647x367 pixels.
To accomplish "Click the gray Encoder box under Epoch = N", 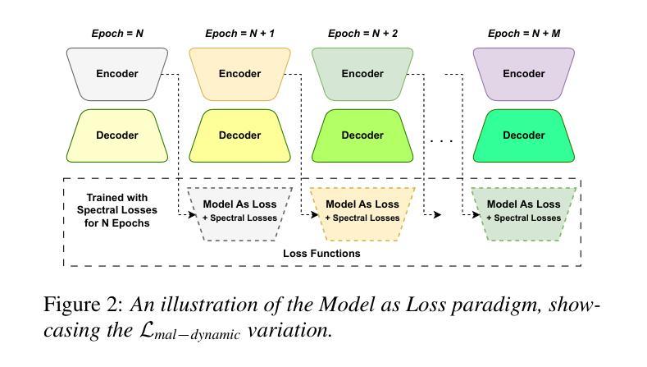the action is (117, 74).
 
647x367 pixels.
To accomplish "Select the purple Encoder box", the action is (524, 74).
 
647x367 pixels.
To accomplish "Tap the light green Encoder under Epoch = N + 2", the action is (362, 74).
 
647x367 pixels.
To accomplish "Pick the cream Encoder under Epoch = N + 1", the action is (239, 74).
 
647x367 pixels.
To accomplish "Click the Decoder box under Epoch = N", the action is (117, 135).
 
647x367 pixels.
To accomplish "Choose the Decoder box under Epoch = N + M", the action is (524, 135).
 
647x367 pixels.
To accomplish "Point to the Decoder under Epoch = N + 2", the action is (362, 135).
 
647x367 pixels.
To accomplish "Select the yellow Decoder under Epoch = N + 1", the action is (239, 135).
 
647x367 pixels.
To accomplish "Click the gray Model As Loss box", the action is (239, 214).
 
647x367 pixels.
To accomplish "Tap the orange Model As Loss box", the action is (362, 214).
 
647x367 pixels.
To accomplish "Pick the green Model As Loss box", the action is (524, 214).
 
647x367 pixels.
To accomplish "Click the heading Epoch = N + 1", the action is (239, 34).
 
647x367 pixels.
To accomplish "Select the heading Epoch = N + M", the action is (524, 34).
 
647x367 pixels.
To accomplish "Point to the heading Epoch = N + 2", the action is (362, 34).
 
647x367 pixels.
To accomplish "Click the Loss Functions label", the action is (321, 254).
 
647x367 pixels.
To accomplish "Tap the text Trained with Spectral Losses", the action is (116, 204).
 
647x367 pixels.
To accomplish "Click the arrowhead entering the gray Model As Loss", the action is (192, 214).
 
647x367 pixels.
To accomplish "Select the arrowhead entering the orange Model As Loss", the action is (315, 214).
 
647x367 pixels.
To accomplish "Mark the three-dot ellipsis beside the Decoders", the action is (441, 141).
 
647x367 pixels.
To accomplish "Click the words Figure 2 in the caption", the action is (84, 305).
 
